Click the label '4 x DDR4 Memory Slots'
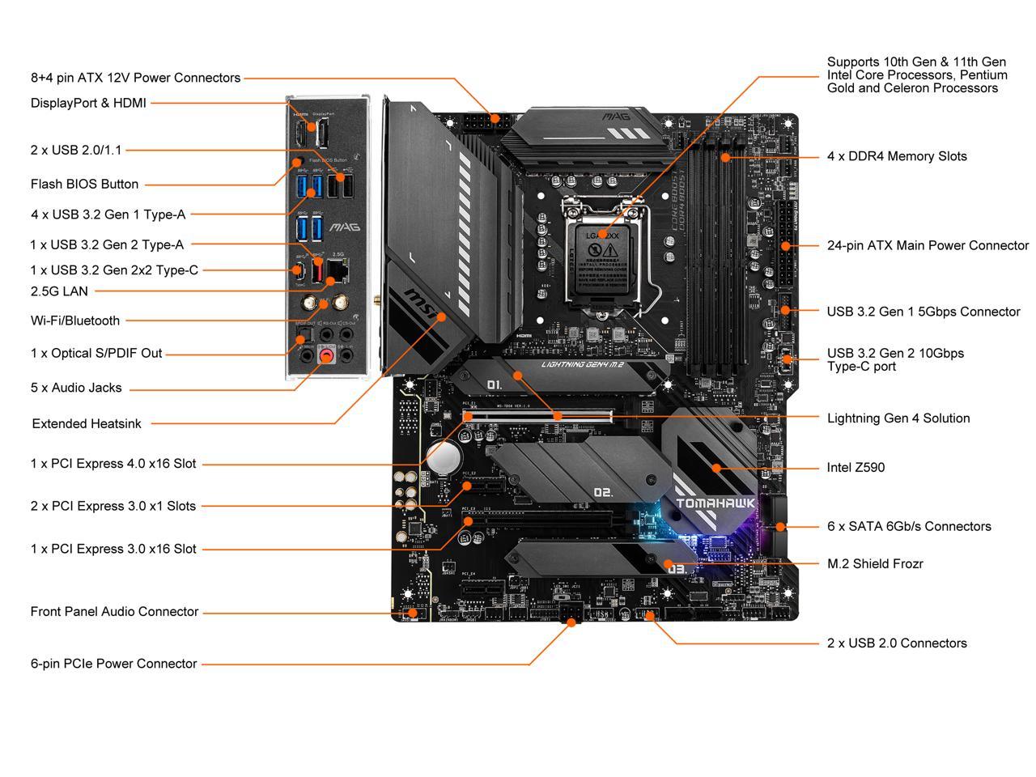click(x=897, y=156)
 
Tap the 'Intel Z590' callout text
click(x=856, y=468)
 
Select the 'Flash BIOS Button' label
click(x=84, y=185)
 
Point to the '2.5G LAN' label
click(x=59, y=291)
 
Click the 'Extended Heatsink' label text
click(x=87, y=423)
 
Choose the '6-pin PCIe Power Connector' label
click(x=113, y=664)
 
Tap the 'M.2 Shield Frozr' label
click(x=875, y=564)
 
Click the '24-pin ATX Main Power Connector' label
click(x=928, y=245)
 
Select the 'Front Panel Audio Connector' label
click(x=114, y=612)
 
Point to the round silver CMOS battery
click(x=443, y=457)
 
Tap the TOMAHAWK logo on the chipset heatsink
click(x=715, y=503)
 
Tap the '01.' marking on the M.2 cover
click(x=495, y=384)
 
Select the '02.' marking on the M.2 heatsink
click(x=603, y=491)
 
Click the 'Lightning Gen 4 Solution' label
click(x=898, y=418)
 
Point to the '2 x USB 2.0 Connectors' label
click(x=897, y=643)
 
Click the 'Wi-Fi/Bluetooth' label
click(x=75, y=321)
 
